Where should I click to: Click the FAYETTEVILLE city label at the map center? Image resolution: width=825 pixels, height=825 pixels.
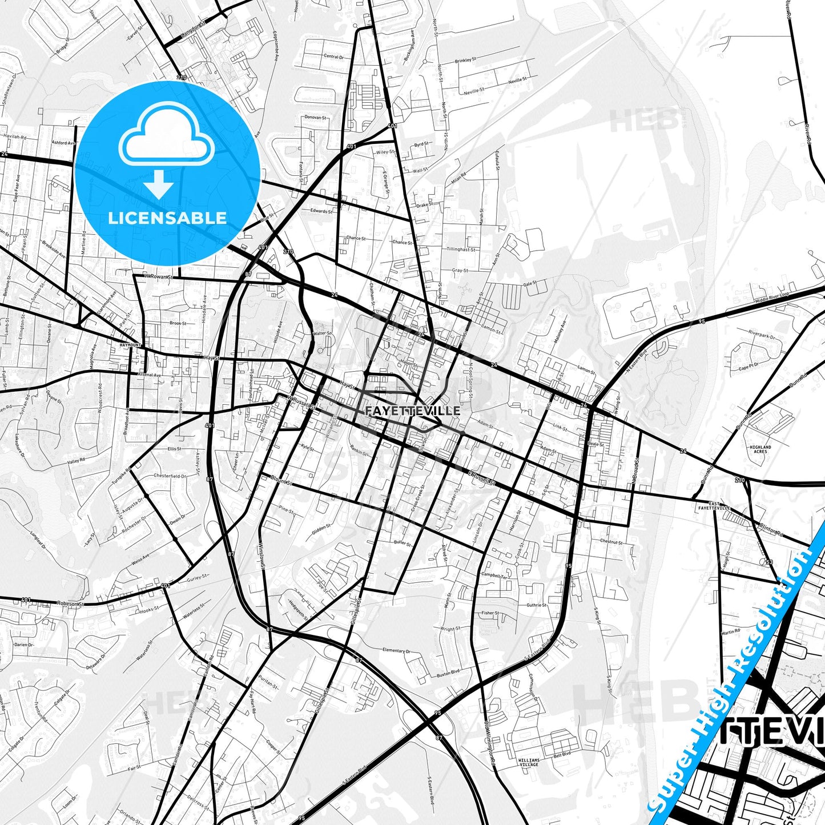pyautogui.click(x=412, y=411)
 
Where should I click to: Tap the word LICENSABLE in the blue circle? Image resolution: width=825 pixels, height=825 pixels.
pyautogui.click(x=167, y=218)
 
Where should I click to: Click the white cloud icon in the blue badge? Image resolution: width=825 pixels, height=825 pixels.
pyautogui.click(x=166, y=139)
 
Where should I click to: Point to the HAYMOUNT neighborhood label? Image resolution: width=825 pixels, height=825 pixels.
pyautogui.click(x=131, y=345)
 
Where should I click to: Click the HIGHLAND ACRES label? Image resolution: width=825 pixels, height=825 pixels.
pyautogui.click(x=760, y=449)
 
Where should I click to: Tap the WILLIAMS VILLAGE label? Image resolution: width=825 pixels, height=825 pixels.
pyautogui.click(x=528, y=762)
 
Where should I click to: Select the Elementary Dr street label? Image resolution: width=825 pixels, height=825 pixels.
pyautogui.click(x=396, y=650)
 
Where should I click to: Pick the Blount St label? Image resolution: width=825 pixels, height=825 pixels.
pyautogui.click(x=281, y=481)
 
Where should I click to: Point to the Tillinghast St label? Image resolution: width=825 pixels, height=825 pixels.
pyautogui.click(x=461, y=249)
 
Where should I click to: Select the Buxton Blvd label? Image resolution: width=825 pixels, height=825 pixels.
pyautogui.click(x=448, y=674)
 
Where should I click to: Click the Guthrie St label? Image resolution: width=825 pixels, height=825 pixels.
pyautogui.click(x=537, y=605)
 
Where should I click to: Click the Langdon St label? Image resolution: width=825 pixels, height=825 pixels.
pyautogui.click(x=192, y=27)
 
